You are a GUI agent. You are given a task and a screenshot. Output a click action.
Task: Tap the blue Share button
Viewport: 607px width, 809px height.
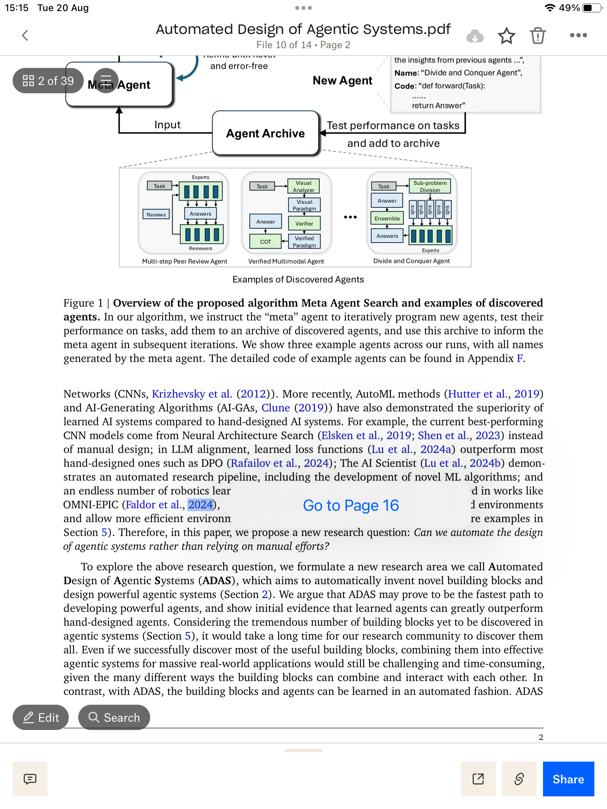click(568, 779)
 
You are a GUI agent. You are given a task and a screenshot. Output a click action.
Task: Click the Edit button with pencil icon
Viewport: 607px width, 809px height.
click(41, 717)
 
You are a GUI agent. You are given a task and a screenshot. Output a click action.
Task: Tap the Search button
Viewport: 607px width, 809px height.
click(114, 717)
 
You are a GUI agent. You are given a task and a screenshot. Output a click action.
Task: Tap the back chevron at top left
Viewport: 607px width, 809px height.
click(25, 36)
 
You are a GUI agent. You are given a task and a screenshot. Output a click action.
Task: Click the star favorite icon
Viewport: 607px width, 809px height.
click(506, 36)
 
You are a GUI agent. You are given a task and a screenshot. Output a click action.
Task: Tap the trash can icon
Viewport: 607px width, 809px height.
click(538, 36)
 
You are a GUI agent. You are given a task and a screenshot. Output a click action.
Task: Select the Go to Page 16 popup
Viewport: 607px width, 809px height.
click(351, 505)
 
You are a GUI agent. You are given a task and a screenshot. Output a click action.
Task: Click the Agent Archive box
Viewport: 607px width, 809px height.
click(265, 134)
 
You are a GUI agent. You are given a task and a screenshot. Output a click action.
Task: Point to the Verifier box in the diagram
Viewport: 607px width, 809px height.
click(304, 224)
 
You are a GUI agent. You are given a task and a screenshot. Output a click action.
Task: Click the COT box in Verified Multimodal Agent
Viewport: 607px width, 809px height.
click(266, 242)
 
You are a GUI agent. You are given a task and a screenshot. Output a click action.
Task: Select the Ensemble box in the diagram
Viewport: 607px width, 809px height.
click(387, 218)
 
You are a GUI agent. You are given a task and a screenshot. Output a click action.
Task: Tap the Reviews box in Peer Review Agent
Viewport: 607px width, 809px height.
click(156, 214)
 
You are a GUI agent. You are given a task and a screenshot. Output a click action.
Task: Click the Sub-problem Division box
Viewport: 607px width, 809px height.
click(430, 186)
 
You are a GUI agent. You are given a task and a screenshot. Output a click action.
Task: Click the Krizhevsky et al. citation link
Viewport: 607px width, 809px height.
click(192, 394)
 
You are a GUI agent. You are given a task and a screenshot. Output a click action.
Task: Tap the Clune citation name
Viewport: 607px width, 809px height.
click(275, 408)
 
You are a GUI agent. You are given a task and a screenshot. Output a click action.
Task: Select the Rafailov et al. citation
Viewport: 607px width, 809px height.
click(264, 463)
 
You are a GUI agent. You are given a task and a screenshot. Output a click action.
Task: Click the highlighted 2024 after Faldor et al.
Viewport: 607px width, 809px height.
click(200, 505)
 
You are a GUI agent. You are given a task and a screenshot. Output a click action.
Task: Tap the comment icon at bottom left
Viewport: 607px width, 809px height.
click(30, 779)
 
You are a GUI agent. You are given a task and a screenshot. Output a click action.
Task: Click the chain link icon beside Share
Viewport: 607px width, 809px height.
click(519, 779)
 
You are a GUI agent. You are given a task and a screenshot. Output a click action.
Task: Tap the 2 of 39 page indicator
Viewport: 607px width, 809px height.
click(48, 81)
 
